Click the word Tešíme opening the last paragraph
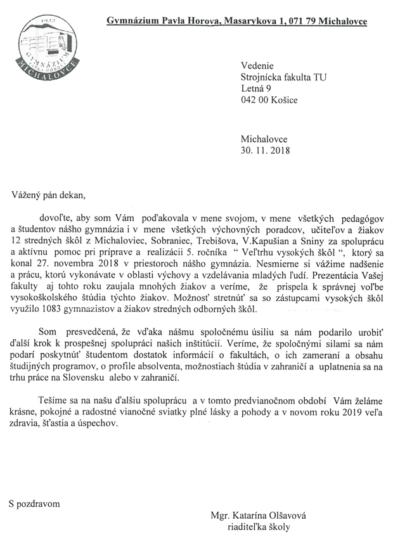coord(54,403)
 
